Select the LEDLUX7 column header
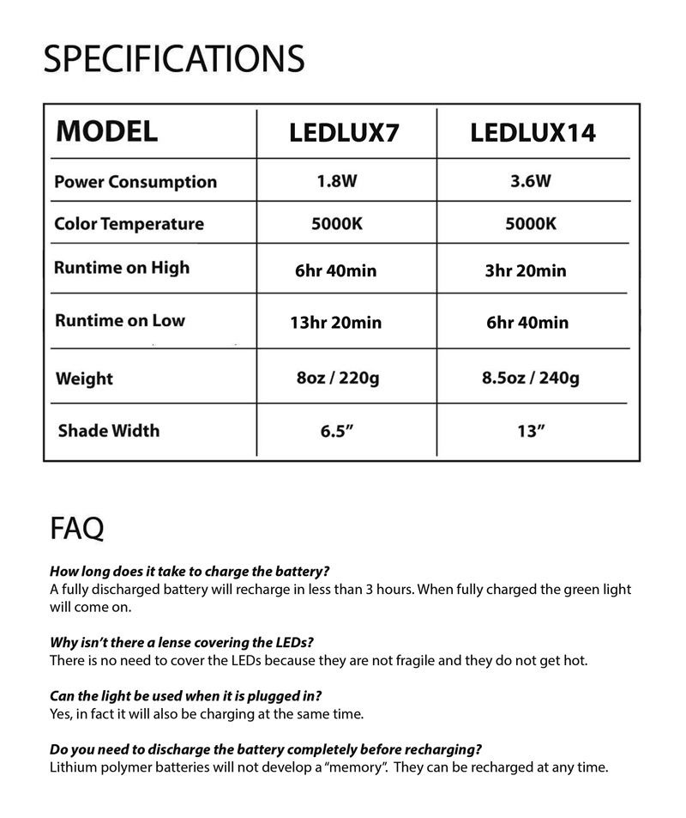coord(345,133)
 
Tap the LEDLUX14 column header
coord(533,133)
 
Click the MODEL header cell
coord(106,131)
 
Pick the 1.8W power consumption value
coord(337,182)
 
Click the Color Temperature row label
coord(129,224)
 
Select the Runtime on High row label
coord(122,267)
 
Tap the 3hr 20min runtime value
coord(526,271)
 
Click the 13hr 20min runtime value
coord(336,324)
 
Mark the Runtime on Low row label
coord(120,320)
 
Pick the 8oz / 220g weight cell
coord(336,378)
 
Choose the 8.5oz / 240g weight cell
coord(532,378)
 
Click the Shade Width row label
coord(109,430)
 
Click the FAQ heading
coord(77,528)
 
